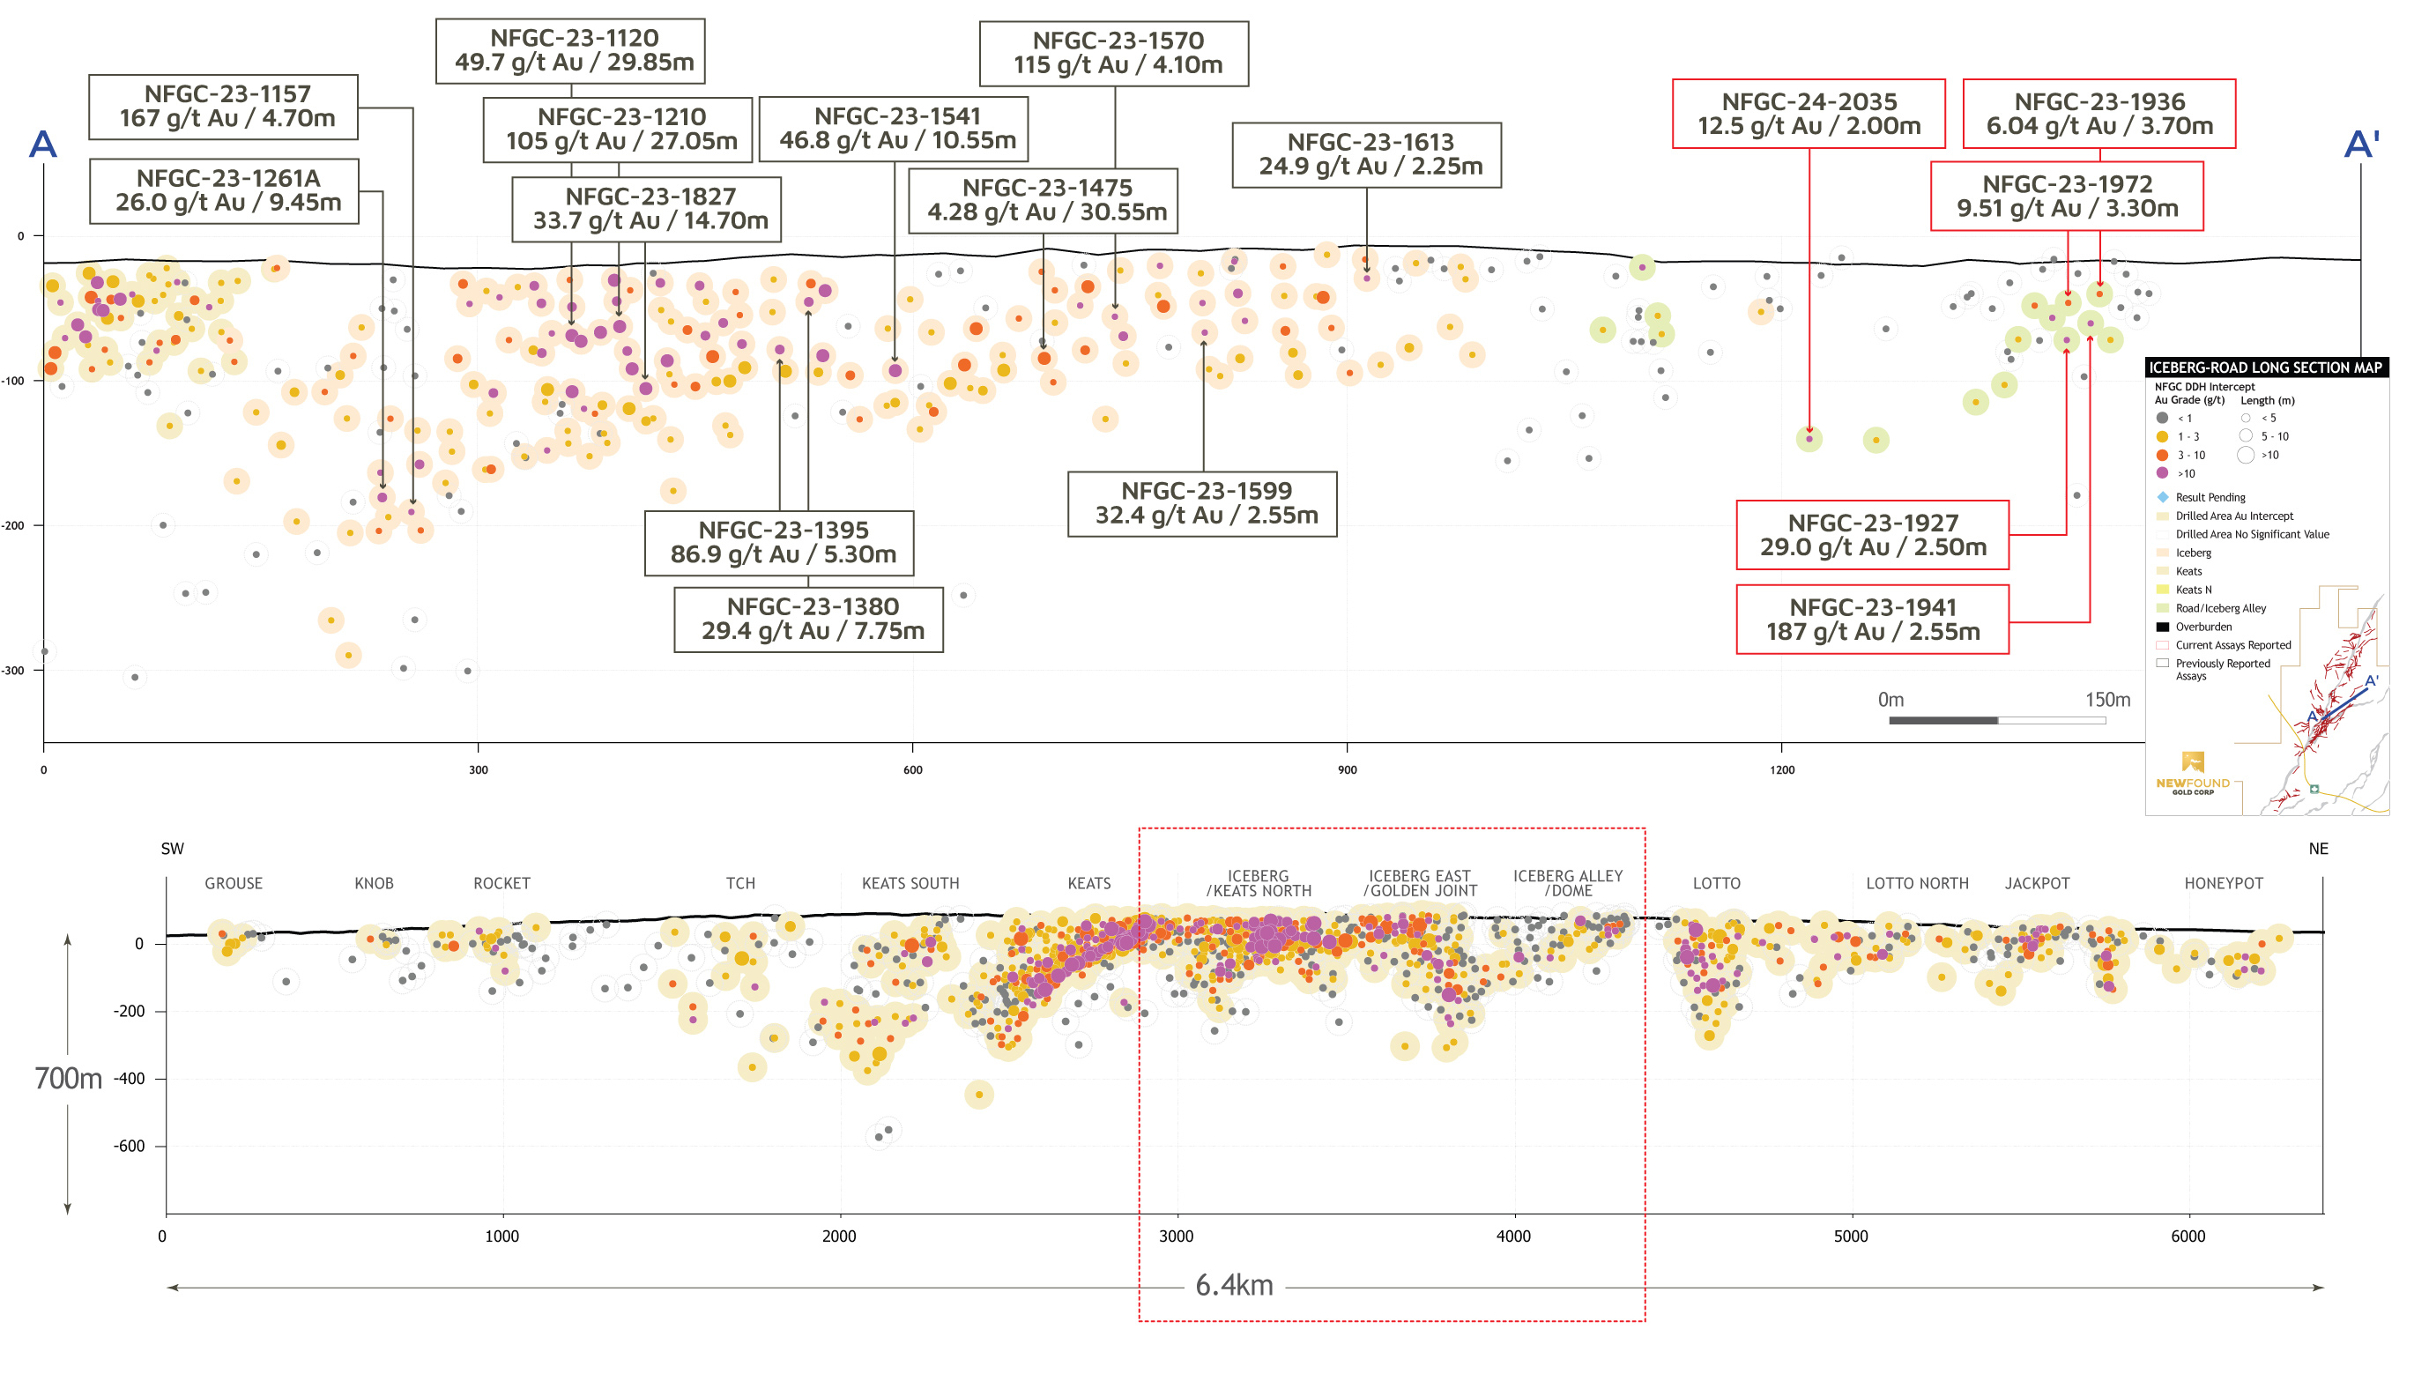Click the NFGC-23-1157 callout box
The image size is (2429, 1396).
[x=223, y=107]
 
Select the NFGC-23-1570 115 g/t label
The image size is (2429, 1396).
[x=1113, y=54]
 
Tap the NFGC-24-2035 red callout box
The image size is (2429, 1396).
[x=1808, y=114]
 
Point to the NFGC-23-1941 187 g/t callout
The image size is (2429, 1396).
[x=1871, y=620]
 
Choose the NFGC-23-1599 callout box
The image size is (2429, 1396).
[x=1201, y=503]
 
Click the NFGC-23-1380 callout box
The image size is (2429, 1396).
[x=808, y=620]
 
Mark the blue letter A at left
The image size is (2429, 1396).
[x=43, y=145]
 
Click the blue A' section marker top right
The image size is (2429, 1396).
[x=2361, y=145]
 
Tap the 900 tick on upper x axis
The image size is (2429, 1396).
[x=1347, y=770]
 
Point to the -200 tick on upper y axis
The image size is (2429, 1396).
[x=13, y=525]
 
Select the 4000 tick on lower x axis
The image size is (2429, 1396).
[x=1512, y=1236]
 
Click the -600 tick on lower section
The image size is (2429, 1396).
[x=130, y=1146]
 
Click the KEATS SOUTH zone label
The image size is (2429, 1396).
[x=910, y=883]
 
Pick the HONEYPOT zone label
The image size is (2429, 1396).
[x=2223, y=883]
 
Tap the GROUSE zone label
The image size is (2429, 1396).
[x=233, y=883]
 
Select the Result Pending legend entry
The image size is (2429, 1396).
[x=2210, y=497]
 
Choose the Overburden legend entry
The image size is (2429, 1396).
[x=2202, y=626]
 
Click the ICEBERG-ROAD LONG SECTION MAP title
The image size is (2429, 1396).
[x=2264, y=368]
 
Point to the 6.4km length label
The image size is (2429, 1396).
[x=1234, y=1285]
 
